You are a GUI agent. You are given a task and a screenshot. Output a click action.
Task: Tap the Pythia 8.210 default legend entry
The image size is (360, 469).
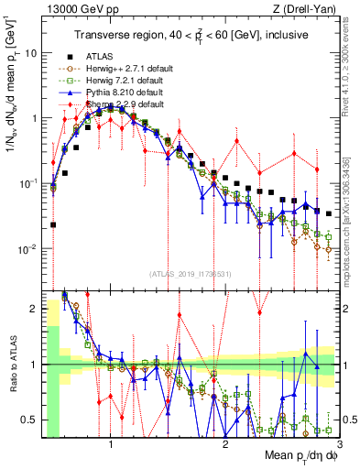[x=120, y=93]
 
